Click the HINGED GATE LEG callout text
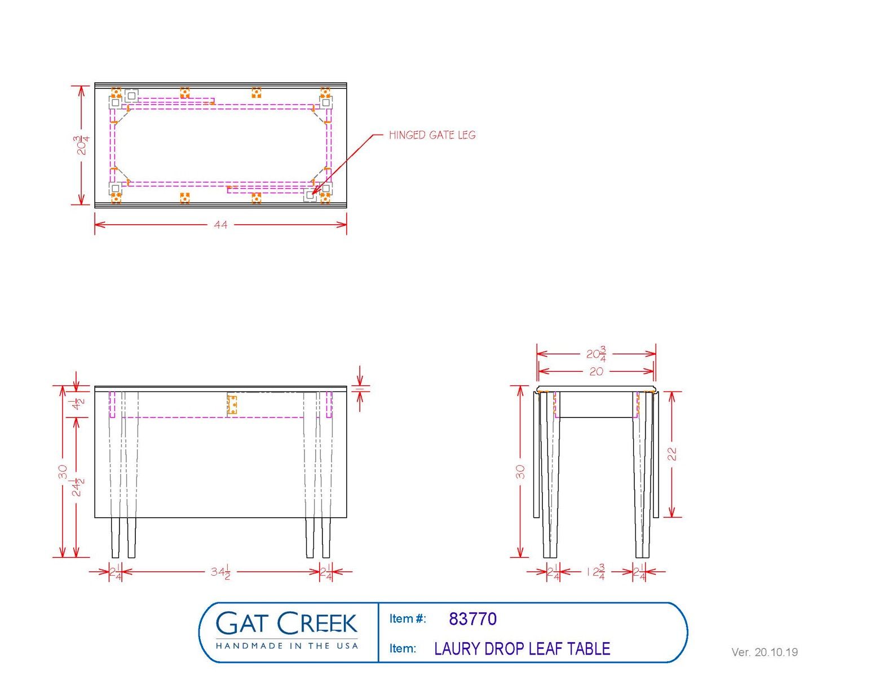tap(432, 135)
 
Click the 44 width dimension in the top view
tap(220, 225)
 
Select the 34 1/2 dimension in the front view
tap(220, 572)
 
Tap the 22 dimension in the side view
tap(672, 454)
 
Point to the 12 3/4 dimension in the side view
tap(595, 572)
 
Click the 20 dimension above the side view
tap(596, 372)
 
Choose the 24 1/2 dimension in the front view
tap(78, 487)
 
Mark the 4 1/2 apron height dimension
tap(78, 403)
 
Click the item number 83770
tap(472, 619)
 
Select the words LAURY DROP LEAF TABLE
tap(522, 649)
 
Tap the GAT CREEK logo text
tap(287, 624)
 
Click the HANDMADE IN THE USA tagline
tap(287, 646)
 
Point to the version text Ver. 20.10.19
tap(764, 652)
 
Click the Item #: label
tap(408, 619)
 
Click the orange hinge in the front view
tap(232, 405)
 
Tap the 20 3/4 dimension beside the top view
tap(83, 145)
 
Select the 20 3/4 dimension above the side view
tap(596, 354)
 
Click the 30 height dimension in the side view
tap(520, 472)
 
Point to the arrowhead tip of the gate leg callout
tap(312, 195)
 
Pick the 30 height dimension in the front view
tap(63, 472)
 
